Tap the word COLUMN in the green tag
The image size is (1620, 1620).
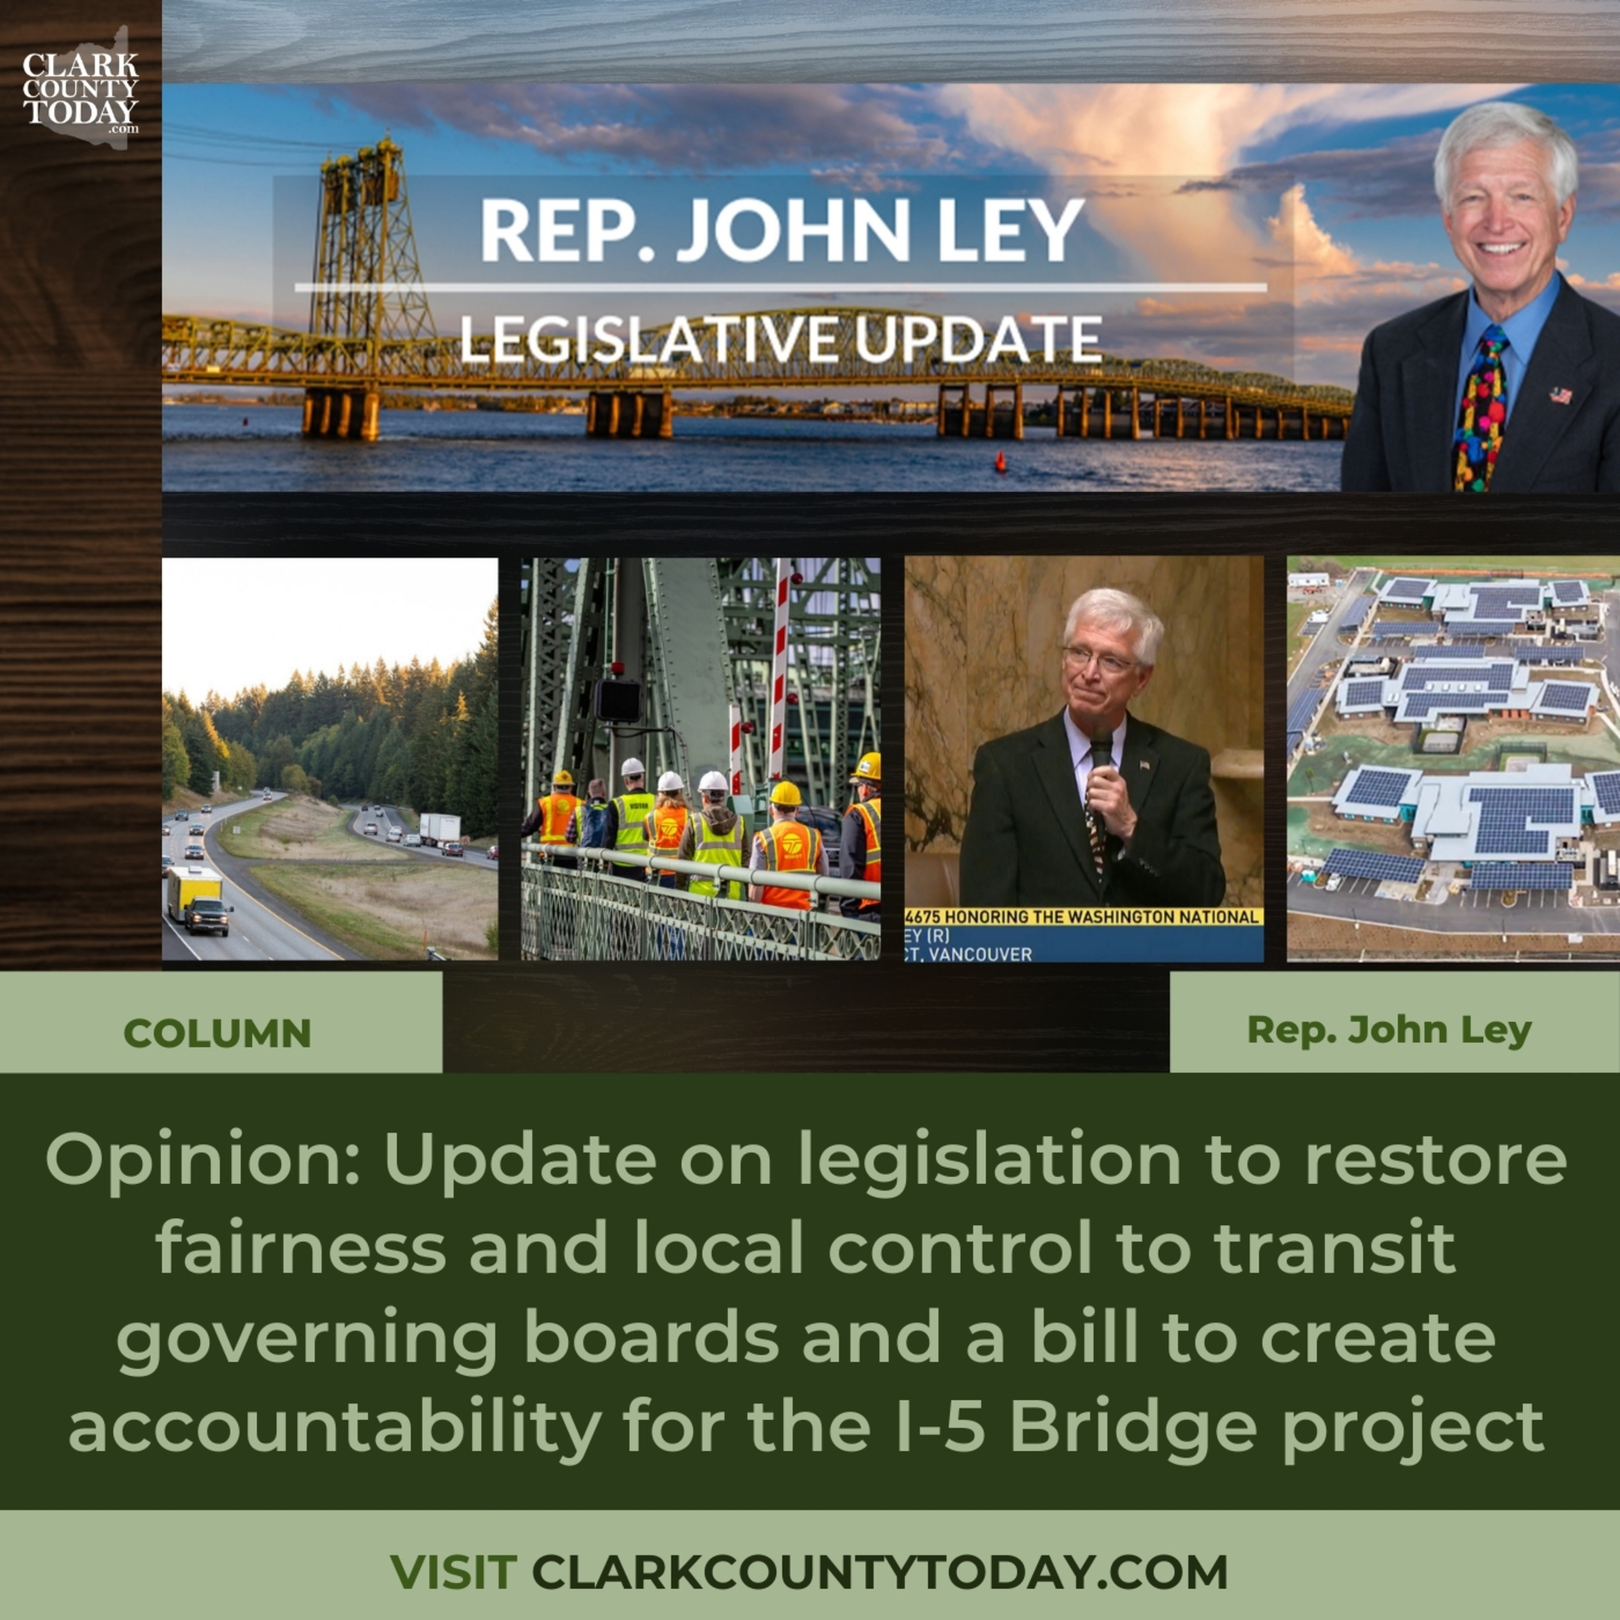(x=217, y=1033)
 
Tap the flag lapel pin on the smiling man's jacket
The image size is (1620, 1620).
(x=1560, y=394)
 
